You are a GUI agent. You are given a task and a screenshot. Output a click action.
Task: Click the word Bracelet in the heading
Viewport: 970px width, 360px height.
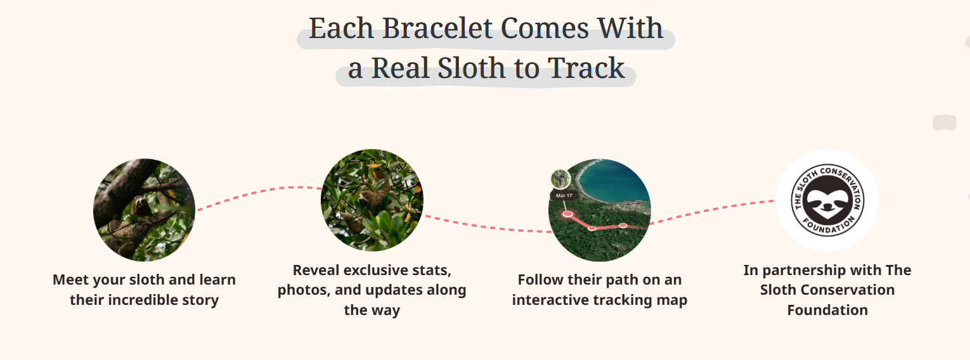click(x=436, y=29)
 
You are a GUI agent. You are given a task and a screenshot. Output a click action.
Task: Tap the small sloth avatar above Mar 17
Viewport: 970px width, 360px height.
click(x=560, y=179)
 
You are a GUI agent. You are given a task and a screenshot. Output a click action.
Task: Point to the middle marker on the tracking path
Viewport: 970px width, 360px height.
click(x=592, y=228)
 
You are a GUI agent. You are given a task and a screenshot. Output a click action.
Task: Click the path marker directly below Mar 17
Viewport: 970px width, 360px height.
click(x=568, y=214)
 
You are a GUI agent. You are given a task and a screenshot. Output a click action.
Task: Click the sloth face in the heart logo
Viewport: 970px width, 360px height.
click(x=827, y=201)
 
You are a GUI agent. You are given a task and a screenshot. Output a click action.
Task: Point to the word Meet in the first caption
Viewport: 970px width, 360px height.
click(x=71, y=280)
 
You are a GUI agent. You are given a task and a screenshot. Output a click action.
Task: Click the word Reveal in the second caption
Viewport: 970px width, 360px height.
click(x=316, y=270)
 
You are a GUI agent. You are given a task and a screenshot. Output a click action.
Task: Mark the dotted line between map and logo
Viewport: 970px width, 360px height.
click(x=713, y=210)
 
